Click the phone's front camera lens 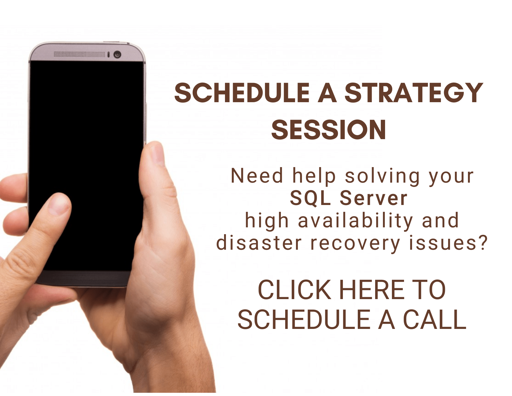tap(117, 55)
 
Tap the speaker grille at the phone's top tap(79, 54)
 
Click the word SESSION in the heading tap(329, 130)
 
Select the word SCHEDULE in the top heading tap(242, 93)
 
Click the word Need tap(257, 176)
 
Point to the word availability tap(355, 221)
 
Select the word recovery tap(355, 244)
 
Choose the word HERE tap(372, 290)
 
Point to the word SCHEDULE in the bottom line tap(304, 320)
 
